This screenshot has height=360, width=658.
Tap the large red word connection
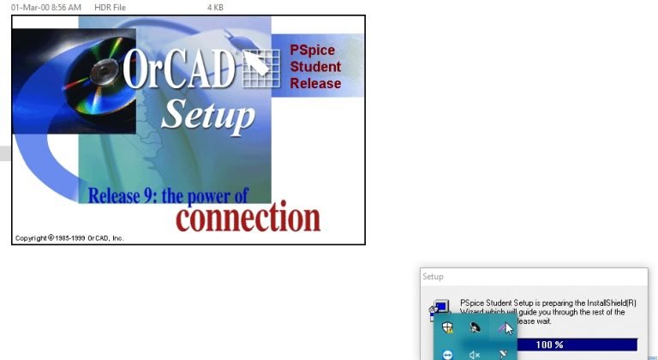click(x=248, y=217)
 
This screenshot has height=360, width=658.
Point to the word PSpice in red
click(x=312, y=51)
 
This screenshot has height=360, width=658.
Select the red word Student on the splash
click(x=315, y=67)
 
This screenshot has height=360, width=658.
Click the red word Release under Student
click(x=315, y=83)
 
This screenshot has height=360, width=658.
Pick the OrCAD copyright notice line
click(x=69, y=237)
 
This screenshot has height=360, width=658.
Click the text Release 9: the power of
click(x=168, y=195)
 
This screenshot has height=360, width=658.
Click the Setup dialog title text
click(x=433, y=277)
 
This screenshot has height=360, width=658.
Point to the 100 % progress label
click(x=549, y=345)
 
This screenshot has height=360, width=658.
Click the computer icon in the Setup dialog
click(x=440, y=308)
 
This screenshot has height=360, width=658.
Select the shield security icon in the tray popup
click(x=447, y=327)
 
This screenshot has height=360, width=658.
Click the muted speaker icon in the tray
click(x=475, y=353)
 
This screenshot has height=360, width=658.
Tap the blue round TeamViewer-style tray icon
click(x=447, y=354)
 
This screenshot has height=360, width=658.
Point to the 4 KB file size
click(x=215, y=7)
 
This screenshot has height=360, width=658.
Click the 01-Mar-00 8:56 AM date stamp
click(x=45, y=7)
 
